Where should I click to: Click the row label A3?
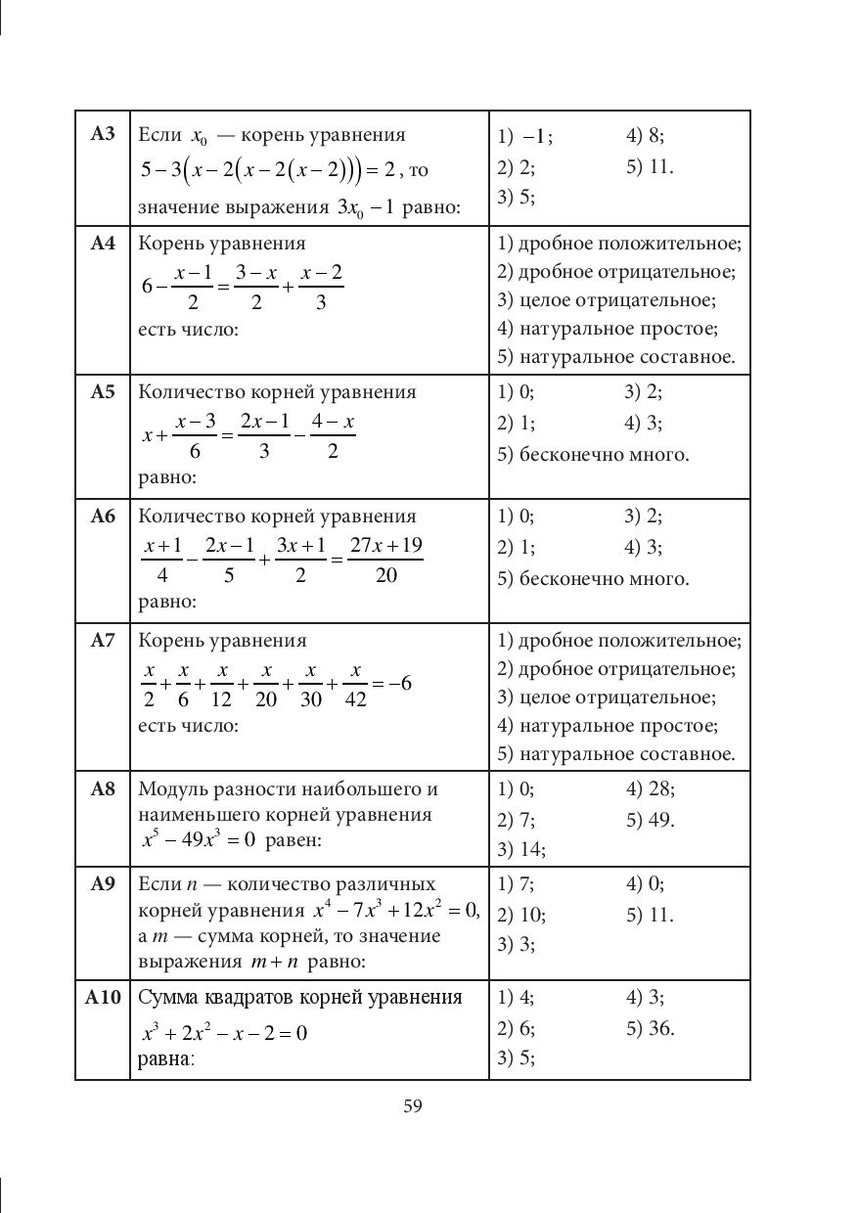click(103, 134)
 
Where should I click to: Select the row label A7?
click(103, 641)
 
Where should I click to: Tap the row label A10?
click(102, 998)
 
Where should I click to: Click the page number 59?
click(412, 1106)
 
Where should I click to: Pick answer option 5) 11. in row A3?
click(650, 166)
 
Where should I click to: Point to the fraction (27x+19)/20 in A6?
click(385, 560)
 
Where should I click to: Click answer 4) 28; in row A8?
click(650, 788)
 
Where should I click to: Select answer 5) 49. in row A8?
click(650, 819)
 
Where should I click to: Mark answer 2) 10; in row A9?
click(521, 915)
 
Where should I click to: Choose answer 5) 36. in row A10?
click(650, 1028)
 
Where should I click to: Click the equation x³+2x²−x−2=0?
click(224, 1032)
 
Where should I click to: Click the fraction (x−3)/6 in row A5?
click(196, 435)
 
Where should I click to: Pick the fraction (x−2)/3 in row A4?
click(321, 287)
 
